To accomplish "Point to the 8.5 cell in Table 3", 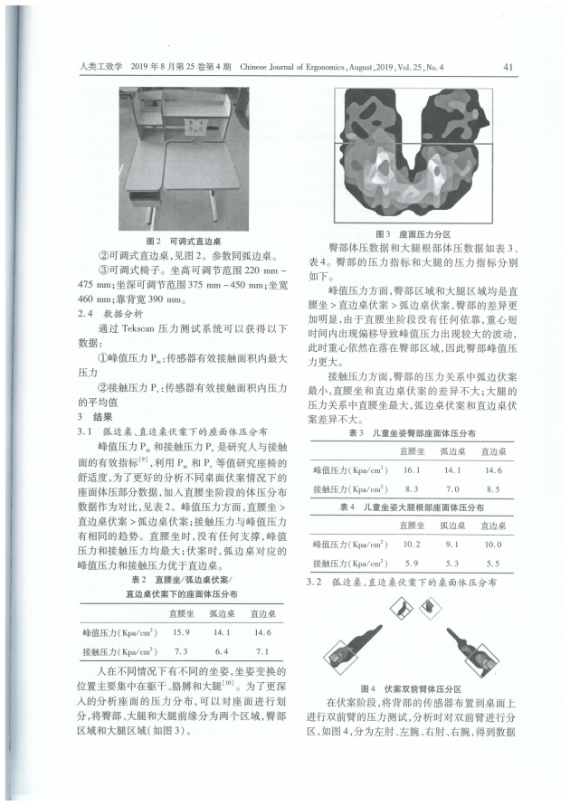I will pos(494,488).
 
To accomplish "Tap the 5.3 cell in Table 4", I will pos(452,564).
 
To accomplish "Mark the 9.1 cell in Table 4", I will pos(452,545).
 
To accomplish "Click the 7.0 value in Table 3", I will pos(452,488).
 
